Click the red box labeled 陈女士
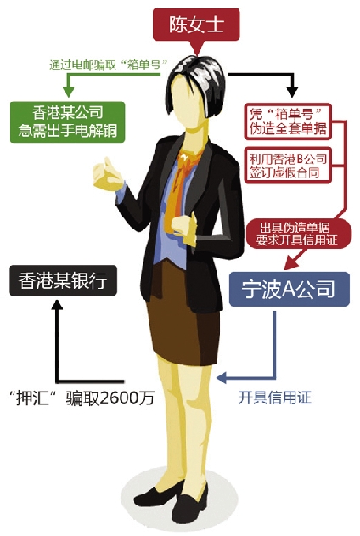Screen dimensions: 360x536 click(x=196, y=25)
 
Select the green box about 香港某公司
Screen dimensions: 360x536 click(x=68, y=122)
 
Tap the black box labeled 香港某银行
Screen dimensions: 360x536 click(x=63, y=280)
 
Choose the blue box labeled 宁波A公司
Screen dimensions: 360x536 click(x=289, y=289)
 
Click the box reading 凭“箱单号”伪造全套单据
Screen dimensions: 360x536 click(x=288, y=121)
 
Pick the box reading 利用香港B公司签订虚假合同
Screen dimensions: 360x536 click(x=288, y=166)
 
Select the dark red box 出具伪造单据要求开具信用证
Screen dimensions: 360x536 click(x=298, y=234)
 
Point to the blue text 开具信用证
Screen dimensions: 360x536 click(x=274, y=398)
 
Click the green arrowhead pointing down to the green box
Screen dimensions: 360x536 click(x=68, y=91)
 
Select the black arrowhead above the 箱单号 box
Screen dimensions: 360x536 click(x=292, y=92)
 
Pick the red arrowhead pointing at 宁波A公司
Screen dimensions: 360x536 click(x=290, y=263)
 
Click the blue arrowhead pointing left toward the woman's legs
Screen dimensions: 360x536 click(x=222, y=378)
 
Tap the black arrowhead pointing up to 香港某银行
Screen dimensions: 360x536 click(x=58, y=305)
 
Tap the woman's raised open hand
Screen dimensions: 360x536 click(x=107, y=174)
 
